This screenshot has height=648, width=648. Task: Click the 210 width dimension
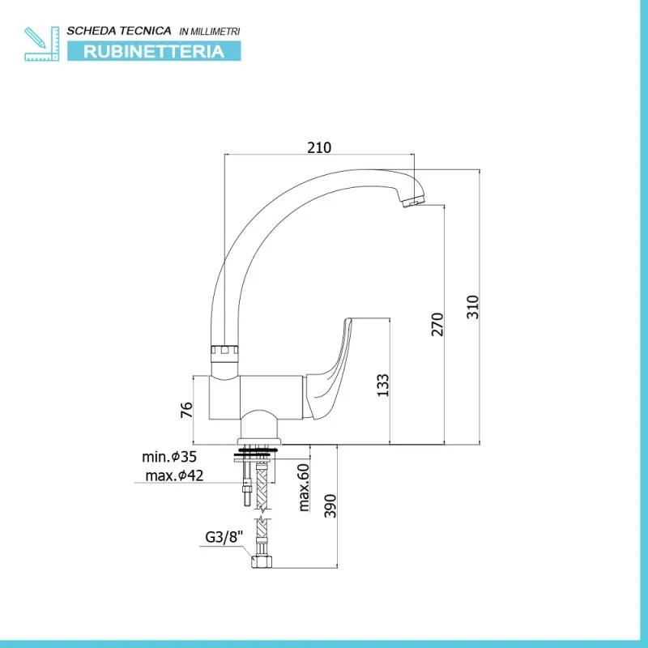319,147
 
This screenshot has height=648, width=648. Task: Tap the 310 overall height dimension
472,307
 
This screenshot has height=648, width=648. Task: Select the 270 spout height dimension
437,325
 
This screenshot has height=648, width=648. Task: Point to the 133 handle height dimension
383,386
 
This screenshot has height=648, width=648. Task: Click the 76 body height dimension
186,410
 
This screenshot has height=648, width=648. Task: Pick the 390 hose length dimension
330,505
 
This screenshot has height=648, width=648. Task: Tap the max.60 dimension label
304,488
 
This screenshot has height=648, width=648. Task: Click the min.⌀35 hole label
169,457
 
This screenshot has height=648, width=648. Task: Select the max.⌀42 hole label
174,475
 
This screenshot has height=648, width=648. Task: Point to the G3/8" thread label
224,537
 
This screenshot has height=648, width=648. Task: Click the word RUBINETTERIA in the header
154,51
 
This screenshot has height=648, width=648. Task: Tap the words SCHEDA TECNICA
119,31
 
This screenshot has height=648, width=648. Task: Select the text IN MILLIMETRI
210,32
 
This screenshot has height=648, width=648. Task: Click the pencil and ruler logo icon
42,44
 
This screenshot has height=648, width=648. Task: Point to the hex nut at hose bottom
262,561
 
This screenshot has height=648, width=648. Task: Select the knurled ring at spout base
225,351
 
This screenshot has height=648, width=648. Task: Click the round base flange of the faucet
259,441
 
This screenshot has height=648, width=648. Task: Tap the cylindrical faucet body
256,398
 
